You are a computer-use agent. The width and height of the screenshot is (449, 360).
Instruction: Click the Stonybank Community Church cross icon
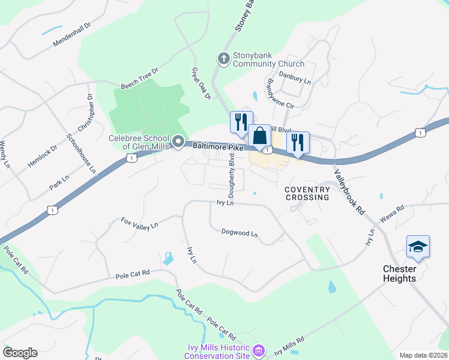(223, 58)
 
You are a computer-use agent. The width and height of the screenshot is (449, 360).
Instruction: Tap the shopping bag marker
(260, 136)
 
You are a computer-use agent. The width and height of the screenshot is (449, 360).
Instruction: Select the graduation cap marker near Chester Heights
(418, 247)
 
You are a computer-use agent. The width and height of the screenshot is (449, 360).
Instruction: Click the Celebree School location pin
(178, 142)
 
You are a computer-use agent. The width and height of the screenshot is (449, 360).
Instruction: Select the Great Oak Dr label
(202, 83)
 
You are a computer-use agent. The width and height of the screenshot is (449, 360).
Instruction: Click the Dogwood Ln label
(239, 232)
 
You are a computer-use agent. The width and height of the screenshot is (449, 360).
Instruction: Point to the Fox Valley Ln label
(139, 223)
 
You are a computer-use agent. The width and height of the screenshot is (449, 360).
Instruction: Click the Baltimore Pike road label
(217, 146)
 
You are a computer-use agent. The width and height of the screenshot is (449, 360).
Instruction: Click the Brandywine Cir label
(280, 93)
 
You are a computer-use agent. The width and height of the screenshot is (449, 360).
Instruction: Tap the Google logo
(20, 353)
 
